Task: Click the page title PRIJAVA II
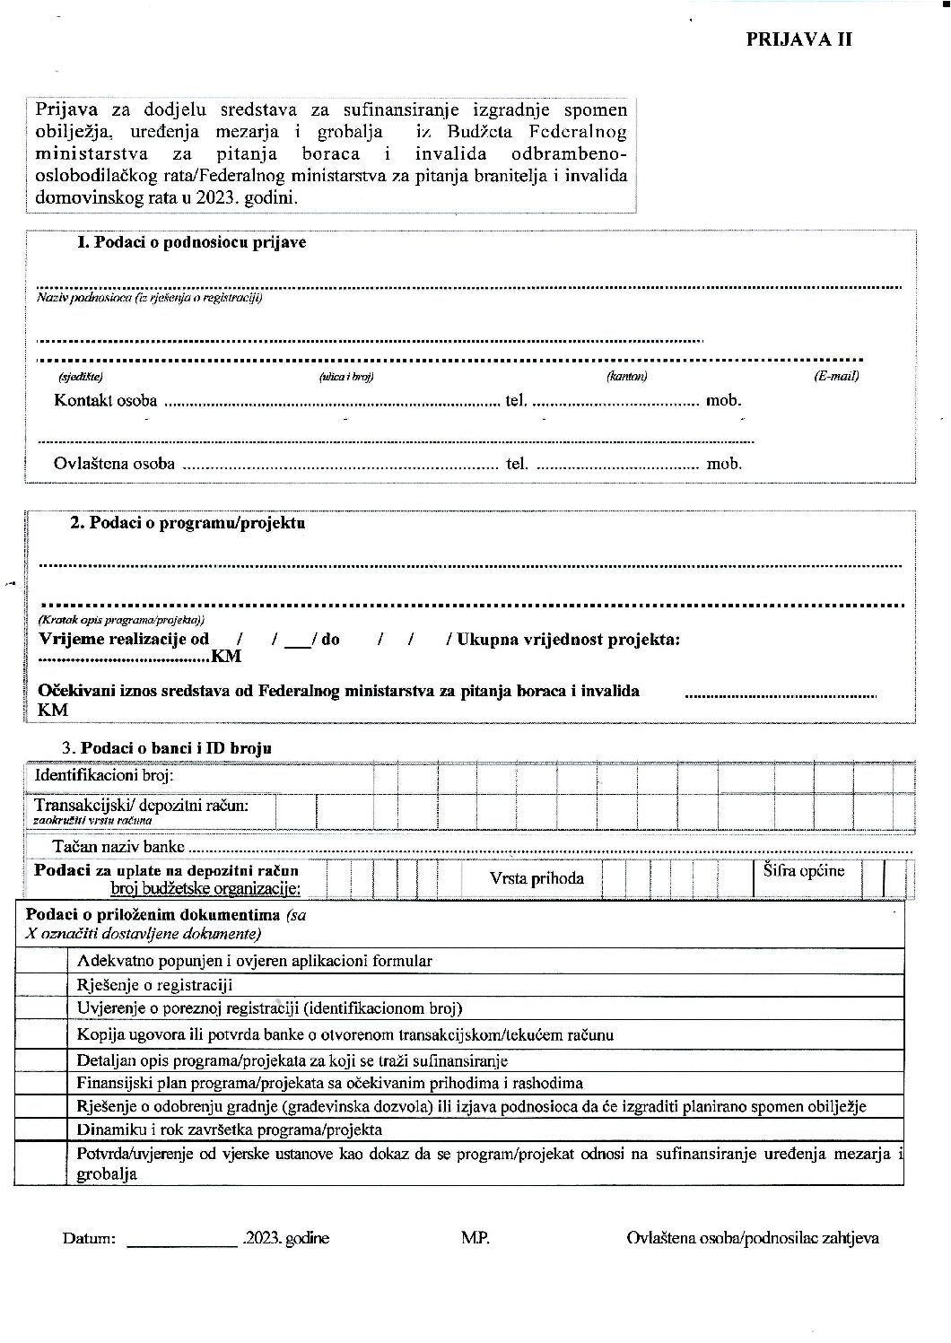point(798,39)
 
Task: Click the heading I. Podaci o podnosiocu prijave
point(191,242)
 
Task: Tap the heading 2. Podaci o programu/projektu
point(188,522)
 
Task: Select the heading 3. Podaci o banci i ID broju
point(166,747)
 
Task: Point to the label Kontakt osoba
point(105,400)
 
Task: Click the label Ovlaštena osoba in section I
point(114,464)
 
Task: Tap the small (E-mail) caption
point(836,376)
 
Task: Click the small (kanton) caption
point(626,377)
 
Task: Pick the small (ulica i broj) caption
point(346,377)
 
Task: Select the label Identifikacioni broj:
point(104,775)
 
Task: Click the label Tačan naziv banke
point(118,846)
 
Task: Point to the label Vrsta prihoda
point(537,878)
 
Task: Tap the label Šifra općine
point(804,870)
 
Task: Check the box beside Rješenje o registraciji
point(41,984)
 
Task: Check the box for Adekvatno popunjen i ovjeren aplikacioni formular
point(41,961)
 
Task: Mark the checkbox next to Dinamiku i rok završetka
point(41,1129)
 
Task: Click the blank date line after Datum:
point(182,1239)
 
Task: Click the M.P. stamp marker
point(475,1238)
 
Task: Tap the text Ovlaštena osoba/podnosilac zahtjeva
point(752,1238)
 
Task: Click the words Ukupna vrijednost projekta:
point(568,639)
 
